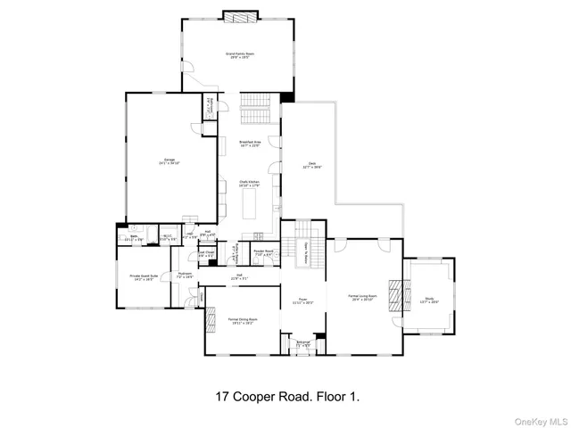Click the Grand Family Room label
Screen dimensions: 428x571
coord(238,55)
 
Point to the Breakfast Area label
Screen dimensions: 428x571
coord(250,144)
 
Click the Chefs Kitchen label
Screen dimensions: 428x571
coord(249,183)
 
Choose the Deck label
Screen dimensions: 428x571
coord(313,165)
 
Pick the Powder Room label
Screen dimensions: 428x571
coord(263,253)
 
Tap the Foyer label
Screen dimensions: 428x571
coord(302,300)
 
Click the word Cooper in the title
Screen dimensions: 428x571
coord(264,394)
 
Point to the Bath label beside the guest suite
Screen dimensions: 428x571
coord(129,238)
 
